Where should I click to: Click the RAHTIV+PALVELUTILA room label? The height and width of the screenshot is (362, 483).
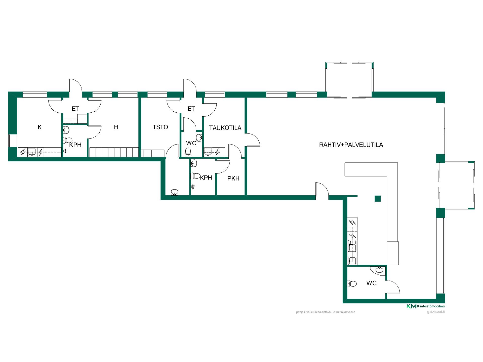351,145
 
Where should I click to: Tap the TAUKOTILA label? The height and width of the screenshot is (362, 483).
225,128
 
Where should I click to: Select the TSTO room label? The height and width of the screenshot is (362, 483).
160,127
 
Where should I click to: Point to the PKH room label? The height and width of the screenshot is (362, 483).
233,178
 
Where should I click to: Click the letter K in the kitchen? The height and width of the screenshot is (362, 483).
40,127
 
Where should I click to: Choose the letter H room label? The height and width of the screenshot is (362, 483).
116,127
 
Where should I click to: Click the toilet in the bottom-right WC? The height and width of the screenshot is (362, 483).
352,284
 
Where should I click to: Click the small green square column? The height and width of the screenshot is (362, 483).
377,199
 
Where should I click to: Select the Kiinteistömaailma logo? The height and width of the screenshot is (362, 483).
426,306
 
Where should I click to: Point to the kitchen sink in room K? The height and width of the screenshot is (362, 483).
32,152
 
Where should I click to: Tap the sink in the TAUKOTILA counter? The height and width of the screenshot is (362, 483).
208,152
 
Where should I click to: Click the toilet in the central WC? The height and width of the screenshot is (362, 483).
188,152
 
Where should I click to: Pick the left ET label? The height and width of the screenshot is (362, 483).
75,109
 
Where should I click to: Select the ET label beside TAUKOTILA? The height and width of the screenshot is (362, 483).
191,109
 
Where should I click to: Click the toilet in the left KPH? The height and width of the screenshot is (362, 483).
68,140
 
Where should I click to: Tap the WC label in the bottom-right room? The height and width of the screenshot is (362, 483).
372,283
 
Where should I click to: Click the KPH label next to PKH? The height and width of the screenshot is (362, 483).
206,178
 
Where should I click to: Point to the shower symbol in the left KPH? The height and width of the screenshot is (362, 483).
66,151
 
